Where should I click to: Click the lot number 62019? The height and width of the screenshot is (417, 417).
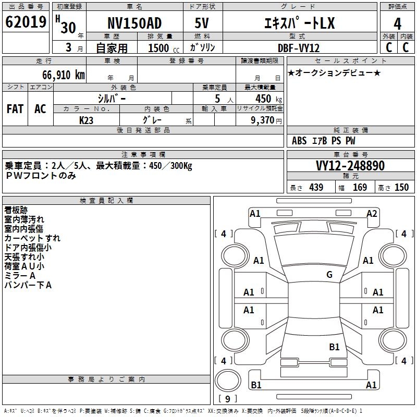(26, 23)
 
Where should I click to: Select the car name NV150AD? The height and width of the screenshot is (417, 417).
(134, 23)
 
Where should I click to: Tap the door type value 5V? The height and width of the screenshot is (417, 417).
(202, 23)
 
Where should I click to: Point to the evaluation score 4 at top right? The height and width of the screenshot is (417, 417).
(398, 24)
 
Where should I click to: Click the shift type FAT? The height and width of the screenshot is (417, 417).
(15, 109)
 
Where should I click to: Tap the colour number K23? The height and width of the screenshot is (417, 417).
(87, 120)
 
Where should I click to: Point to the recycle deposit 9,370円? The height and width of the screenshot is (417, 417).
(266, 120)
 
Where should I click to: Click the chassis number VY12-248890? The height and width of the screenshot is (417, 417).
(350, 166)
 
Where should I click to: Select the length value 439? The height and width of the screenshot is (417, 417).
(316, 188)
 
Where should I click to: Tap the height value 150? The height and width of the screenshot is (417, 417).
(401, 188)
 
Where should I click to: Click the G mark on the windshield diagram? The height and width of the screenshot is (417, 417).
(329, 275)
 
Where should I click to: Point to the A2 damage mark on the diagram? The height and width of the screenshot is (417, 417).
(372, 213)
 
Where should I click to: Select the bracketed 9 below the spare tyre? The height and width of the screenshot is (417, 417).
(228, 399)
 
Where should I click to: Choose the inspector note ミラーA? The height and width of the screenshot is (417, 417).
(20, 275)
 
